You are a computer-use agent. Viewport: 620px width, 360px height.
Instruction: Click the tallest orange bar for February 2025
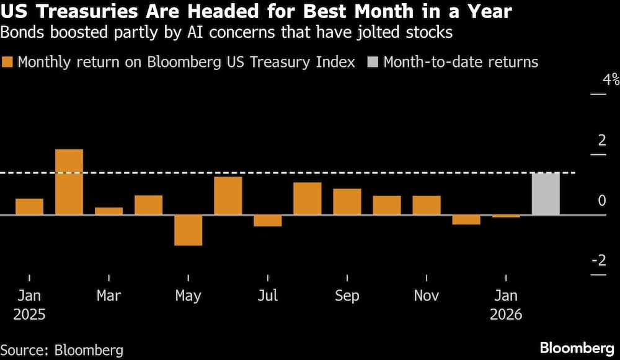[69, 182]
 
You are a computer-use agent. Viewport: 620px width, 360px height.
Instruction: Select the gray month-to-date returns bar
[546, 193]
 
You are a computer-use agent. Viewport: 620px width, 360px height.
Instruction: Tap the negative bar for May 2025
[188, 230]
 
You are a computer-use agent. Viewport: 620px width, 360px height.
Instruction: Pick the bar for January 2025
[29, 206]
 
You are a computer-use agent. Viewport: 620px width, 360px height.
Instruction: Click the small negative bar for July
[267, 221]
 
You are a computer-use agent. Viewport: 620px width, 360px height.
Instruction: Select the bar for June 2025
[228, 195]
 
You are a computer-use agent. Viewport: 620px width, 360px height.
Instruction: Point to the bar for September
[347, 201]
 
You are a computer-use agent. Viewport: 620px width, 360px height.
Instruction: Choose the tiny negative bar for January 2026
[506, 216]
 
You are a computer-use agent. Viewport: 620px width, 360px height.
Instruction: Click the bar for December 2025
[466, 219]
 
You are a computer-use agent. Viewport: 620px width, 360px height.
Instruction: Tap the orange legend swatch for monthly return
[8, 62]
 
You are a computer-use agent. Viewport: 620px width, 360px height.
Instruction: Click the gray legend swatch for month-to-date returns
[373, 62]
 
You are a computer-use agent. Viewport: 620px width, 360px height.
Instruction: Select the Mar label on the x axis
[108, 296]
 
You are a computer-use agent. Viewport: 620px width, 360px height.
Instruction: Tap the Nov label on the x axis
[426, 296]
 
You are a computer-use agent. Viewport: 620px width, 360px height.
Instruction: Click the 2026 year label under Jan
[506, 315]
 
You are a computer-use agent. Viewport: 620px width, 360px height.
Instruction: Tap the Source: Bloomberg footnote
[62, 349]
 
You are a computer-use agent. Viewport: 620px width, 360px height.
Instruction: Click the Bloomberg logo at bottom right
[576, 347]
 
